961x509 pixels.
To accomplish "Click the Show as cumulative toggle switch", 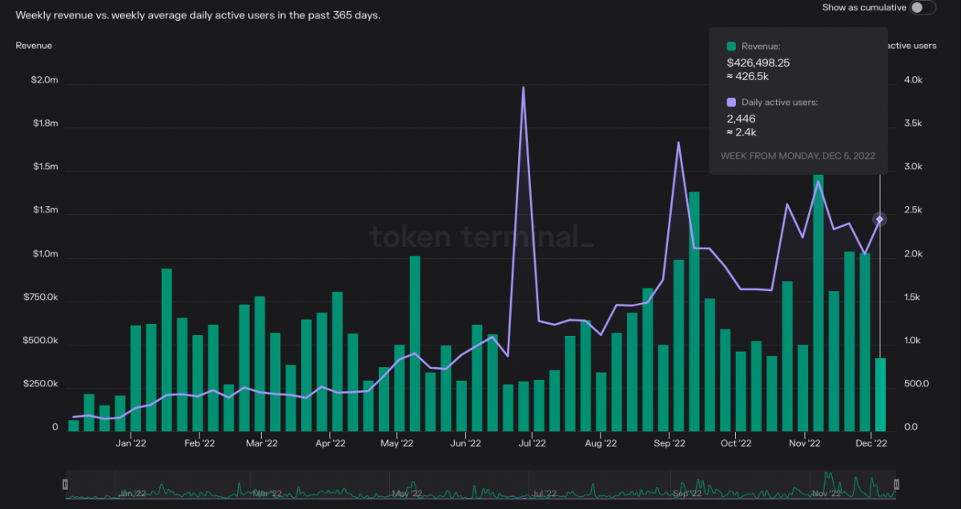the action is point(923,7).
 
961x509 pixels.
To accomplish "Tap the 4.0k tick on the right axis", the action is point(913,80).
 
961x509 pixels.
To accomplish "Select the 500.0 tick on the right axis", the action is point(915,384).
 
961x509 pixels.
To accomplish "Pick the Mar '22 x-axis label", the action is point(262,442).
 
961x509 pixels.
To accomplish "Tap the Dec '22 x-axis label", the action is point(871,442).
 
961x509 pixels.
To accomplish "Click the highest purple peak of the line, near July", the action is point(523,88).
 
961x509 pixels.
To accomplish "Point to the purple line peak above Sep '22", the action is point(678,143).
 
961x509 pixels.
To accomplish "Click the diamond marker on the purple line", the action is point(879,219).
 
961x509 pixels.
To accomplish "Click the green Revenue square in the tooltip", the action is point(731,46).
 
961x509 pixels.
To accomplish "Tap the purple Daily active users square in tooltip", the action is point(731,103).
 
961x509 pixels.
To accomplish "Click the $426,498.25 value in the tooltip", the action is point(758,63).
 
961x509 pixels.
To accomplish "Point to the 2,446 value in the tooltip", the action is point(741,119).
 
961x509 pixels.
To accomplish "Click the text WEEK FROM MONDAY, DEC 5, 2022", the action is point(798,156).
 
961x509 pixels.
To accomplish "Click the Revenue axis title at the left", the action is point(34,46).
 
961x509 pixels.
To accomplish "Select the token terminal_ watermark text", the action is point(480,237).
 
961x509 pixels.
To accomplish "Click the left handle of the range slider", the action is point(66,484).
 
